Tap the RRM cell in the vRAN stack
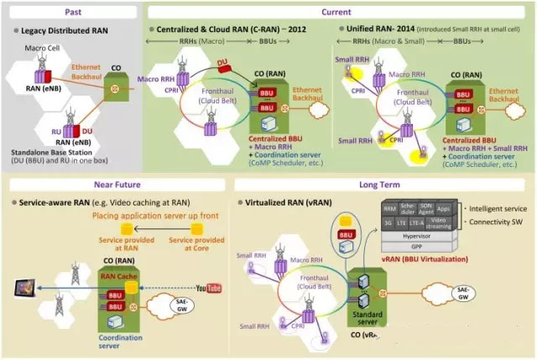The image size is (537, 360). pyautogui.click(x=388, y=207)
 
